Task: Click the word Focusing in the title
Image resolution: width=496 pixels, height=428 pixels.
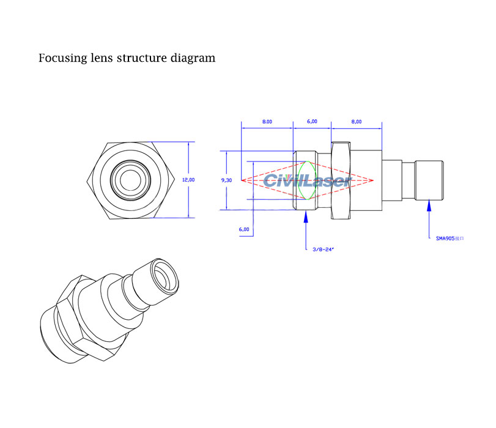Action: (x=61, y=59)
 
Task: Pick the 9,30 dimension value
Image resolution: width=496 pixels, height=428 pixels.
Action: (x=226, y=180)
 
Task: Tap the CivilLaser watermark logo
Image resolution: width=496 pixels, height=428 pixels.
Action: (x=306, y=181)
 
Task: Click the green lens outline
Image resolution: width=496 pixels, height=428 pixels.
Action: (x=306, y=180)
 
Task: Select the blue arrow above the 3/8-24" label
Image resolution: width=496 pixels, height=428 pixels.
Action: (x=306, y=219)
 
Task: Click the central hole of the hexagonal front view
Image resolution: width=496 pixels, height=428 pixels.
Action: (x=129, y=180)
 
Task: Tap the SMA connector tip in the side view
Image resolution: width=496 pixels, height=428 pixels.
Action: (x=429, y=180)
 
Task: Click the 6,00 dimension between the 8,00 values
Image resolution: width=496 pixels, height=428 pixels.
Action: (x=312, y=122)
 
